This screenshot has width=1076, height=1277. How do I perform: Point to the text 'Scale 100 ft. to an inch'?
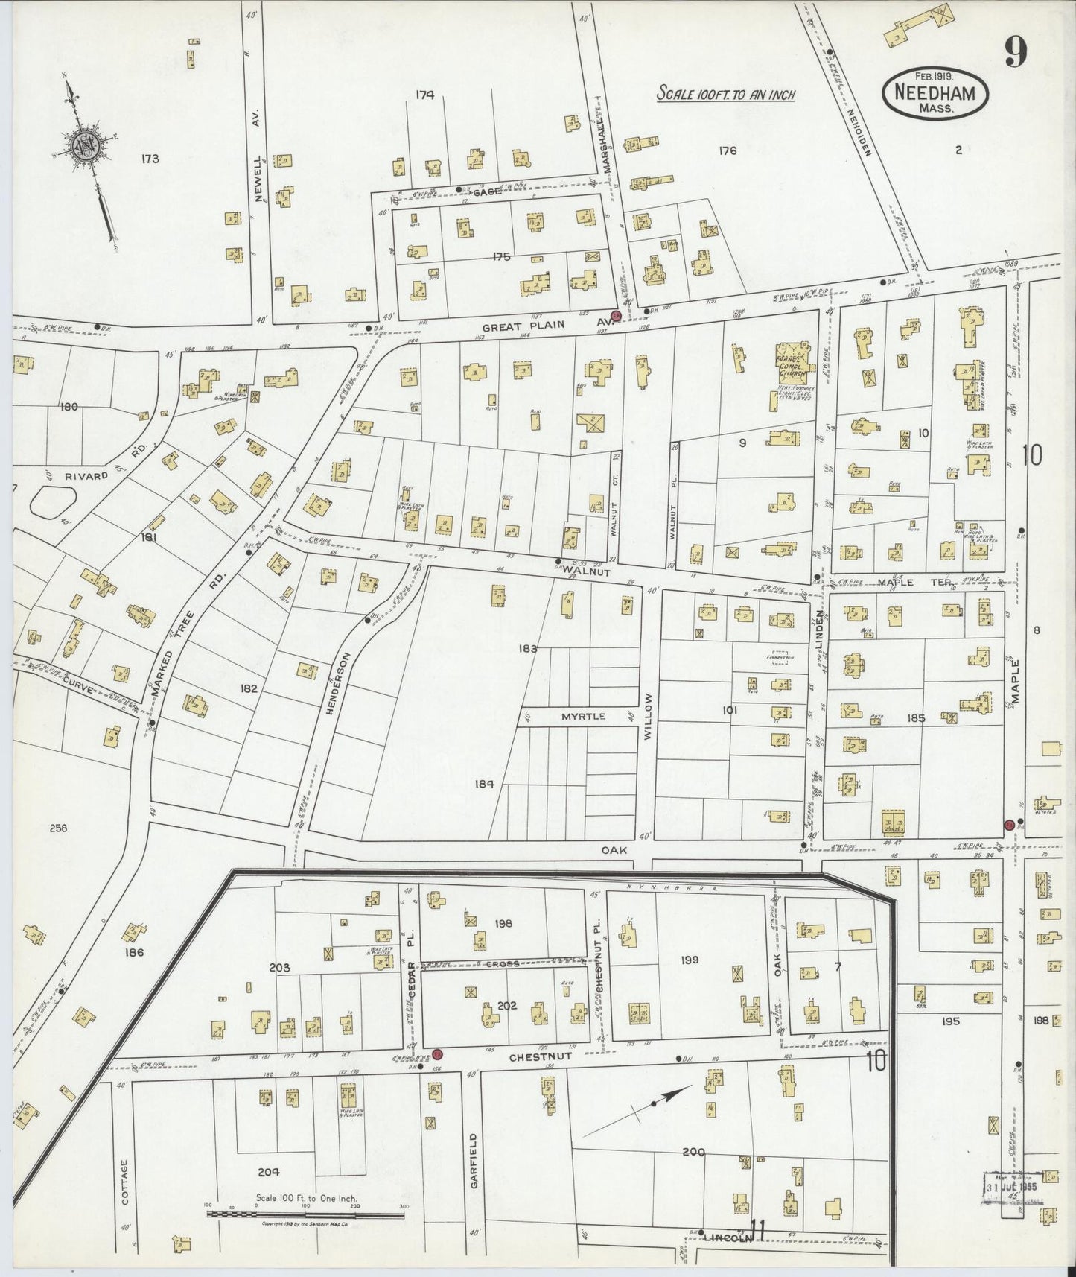(725, 95)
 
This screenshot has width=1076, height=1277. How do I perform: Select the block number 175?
(501, 256)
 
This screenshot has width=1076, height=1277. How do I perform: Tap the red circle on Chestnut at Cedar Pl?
(439, 1053)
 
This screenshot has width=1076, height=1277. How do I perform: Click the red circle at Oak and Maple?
(1009, 824)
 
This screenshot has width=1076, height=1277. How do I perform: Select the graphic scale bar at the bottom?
(306, 1214)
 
